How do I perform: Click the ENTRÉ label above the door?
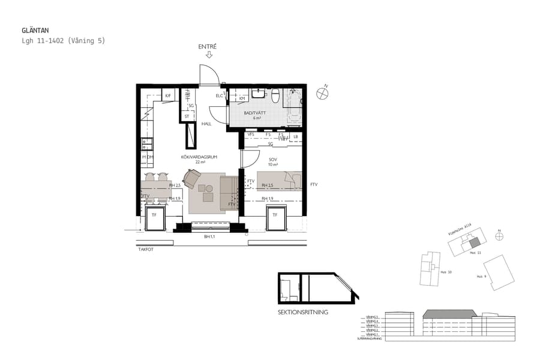click(x=208, y=46)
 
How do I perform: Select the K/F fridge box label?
click(x=167, y=96)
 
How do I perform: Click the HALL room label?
click(x=206, y=124)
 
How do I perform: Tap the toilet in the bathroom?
click(x=275, y=95)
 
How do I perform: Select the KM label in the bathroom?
click(x=242, y=98)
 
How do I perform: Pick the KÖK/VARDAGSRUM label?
click(x=199, y=157)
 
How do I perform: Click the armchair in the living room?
click(x=193, y=178)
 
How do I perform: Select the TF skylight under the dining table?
click(x=154, y=215)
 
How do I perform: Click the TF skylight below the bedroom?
click(x=275, y=215)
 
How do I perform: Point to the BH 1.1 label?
click(x=209, y=236)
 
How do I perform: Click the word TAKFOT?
click(x=146, y=250)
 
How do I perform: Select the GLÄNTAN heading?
click(x=35, y=29)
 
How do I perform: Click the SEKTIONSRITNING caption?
click(x=303, y=312)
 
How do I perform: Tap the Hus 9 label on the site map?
click(x=481, y=277)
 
